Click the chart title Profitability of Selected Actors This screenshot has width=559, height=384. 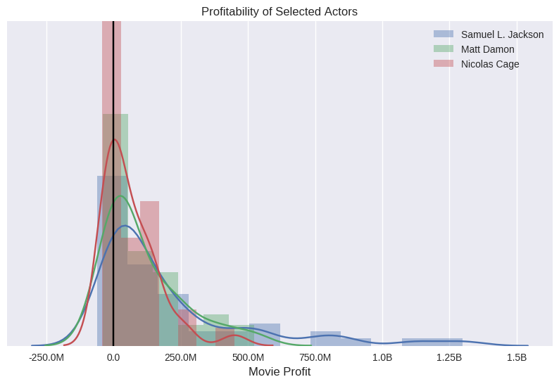279,11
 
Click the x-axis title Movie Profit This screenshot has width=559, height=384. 279,371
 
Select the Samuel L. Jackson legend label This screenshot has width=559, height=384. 502,34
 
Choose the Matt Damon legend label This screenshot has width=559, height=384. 487,49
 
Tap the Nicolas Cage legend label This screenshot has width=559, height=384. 490,64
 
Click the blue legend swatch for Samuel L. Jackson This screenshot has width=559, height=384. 444,34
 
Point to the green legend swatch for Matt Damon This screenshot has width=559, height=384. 444,49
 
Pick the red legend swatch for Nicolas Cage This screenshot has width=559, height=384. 444,63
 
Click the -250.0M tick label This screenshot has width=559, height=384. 46,357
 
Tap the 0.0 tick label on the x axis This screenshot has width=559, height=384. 113,357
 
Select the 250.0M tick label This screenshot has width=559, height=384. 181,357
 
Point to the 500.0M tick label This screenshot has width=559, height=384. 248,357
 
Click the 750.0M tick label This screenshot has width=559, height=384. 315,357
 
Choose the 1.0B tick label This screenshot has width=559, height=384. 382,357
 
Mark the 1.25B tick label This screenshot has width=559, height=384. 449,357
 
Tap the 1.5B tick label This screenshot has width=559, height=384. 517,357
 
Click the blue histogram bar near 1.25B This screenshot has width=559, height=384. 432,342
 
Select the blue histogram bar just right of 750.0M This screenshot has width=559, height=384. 325,338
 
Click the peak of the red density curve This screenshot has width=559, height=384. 115,139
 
